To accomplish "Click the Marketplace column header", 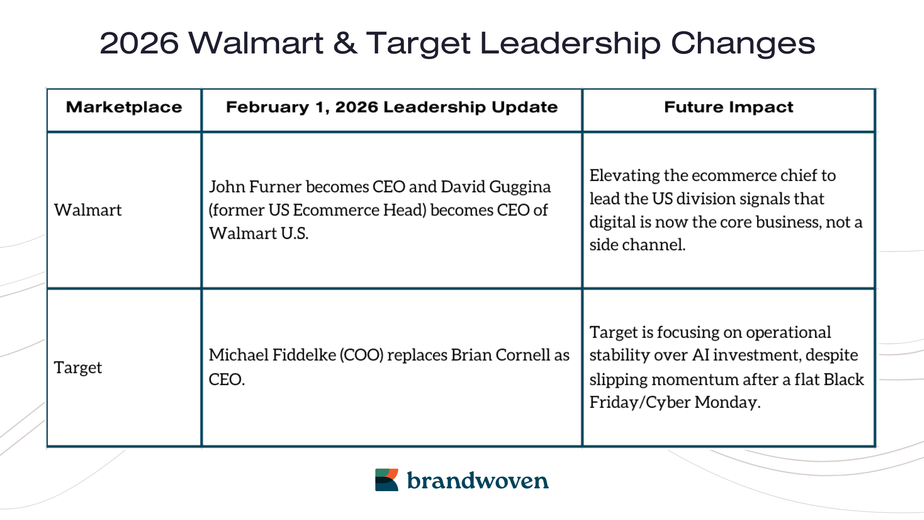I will point(124,107).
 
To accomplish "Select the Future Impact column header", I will point(729,107).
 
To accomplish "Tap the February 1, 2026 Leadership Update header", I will point(392,107).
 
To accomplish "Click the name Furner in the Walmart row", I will point(275,187).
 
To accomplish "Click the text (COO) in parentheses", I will point(361,355).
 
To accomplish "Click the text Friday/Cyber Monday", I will point(675,402).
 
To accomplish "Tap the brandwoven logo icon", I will point(386,480).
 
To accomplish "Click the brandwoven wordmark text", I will point(477,481).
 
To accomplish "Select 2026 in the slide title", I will point(139,43).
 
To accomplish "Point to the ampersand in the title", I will point(345,43).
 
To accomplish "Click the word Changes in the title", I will point(743,43).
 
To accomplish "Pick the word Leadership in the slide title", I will point(570,43).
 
